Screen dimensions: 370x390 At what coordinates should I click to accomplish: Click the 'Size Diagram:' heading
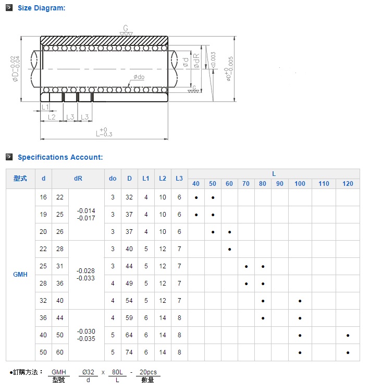pos(42,8)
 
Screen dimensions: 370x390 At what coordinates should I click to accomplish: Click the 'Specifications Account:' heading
pos(60,157)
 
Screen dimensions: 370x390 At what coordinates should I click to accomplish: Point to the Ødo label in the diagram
pos(139,77)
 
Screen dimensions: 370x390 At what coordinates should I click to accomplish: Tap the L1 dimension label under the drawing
pos(45,107)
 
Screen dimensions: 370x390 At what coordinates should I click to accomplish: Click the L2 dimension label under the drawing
pos(52,117)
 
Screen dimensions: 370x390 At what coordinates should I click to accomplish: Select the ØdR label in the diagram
pos(196,61)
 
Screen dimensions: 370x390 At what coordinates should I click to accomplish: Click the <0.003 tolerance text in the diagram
pos(213,60)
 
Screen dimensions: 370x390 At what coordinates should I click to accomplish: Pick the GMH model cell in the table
pos(20,274)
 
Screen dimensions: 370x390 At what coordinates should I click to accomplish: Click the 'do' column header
pos(113,179)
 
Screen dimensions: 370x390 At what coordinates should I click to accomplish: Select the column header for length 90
pos(280,184)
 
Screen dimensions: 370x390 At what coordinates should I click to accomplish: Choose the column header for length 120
pos(348,184)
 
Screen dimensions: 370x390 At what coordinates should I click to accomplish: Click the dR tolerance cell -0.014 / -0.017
pos(86,215)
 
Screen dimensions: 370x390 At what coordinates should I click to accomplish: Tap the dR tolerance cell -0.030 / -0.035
pos(86,335)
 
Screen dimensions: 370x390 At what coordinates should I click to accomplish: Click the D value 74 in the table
pos(129,352)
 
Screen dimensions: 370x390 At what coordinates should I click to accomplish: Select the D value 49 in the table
pos(129,283)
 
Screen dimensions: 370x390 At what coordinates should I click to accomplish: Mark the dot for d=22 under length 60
pos(229,249)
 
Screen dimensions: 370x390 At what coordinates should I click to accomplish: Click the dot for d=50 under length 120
pos(348,353)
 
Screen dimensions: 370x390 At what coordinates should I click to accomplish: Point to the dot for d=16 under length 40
pos(196,198)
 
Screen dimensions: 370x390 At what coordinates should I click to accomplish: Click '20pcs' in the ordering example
pos(148,372)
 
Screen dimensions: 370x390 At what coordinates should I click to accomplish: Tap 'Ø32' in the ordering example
pos(88,372)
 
